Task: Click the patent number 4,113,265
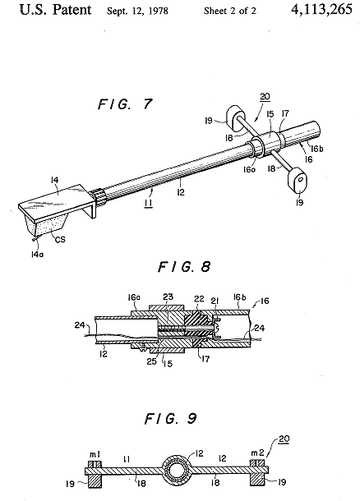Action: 321,10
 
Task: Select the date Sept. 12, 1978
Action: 137,11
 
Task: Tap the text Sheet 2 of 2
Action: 230,11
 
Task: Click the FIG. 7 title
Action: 125,104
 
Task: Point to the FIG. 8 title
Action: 184,266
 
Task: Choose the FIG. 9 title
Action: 171,418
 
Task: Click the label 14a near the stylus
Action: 38,255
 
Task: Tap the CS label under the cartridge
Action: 60,239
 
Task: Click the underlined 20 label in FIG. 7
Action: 265,96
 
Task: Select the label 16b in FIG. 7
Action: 316,149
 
